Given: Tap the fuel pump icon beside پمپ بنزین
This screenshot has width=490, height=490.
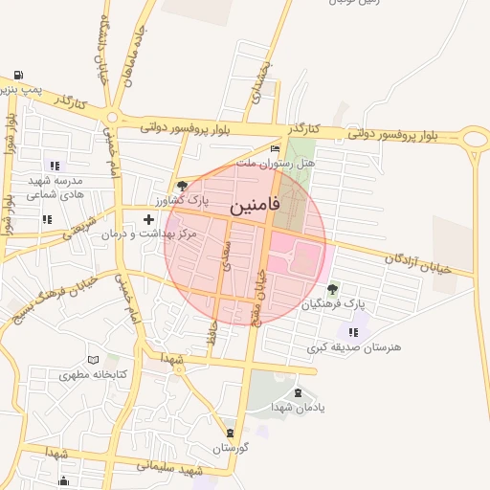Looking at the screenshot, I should pyautogui.click(x=19, y=75).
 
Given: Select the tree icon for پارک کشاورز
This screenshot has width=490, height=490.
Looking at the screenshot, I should pyautogui.click(x=182, y=186).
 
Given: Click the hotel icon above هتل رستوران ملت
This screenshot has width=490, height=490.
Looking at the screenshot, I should pyautogui.click(x=276, y=149).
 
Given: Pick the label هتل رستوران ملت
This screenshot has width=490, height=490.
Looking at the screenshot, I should pyautogui.click(x=281, y=164).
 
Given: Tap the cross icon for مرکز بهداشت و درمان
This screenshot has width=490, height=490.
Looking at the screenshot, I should pyautogui.click(x=148, y=220).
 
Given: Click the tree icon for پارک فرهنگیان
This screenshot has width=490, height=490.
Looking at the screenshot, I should pyautogui.click(x=332, y=289).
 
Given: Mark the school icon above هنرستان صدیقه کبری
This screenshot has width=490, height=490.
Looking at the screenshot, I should pyautogui.click(x=354, y=332).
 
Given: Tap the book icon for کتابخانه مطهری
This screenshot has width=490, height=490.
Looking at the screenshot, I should pyautogui.click(x=93, y=360).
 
